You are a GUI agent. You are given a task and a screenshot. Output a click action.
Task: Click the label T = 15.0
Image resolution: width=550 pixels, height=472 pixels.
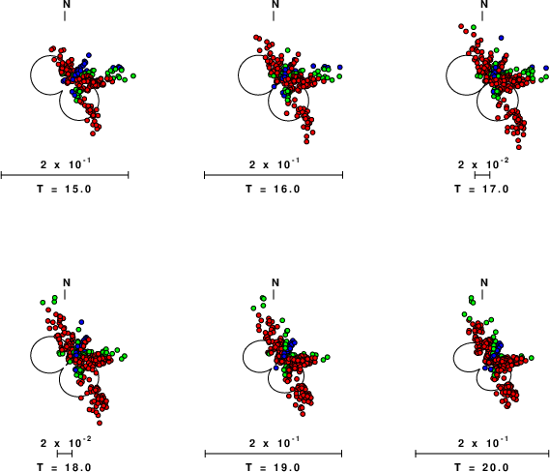pyautogui.click(x=64, y=190)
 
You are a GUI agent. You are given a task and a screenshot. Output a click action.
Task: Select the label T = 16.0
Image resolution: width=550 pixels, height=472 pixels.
pyautogui.click(x=273, y=190)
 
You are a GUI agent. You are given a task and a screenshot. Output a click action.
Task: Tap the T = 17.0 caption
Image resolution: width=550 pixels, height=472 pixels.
pyautogui.click(x=481, y=190)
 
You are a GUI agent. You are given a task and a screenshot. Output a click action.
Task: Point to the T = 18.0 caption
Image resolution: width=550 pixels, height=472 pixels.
pyautogui.click(x=64, y=467)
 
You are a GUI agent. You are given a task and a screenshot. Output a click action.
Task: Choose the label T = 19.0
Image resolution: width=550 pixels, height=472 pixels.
pyautogui.click(x=273, y=467)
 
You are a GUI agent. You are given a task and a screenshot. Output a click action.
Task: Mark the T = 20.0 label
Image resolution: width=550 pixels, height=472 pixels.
pyautogui.click(x=481, y=467)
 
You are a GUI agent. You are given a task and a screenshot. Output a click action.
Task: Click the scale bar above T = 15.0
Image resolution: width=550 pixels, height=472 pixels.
pyautogui.click(x=65, y=175)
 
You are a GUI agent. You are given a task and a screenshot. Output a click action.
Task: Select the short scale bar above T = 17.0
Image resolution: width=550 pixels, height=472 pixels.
pyautogui.click(x=482, y=175)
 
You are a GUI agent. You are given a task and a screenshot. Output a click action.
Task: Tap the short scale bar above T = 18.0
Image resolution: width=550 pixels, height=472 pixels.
pyautogui.click(x=65, y=454)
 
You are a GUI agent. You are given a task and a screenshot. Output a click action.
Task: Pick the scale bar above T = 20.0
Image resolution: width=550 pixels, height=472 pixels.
pyautogui.click(x=482, y=454)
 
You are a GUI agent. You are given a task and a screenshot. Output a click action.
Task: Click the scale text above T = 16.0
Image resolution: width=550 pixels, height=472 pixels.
pyautogui.click(x=275, y=163)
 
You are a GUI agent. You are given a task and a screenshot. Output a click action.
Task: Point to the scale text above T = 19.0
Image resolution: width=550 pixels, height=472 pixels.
pyautogui.click(x=275, y=443)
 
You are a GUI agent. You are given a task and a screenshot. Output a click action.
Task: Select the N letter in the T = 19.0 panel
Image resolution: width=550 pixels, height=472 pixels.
pyautogui.click(x=275, y=282)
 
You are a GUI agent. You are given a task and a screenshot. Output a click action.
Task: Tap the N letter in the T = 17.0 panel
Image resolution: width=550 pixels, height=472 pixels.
pyautogui.click(x=484, y=4)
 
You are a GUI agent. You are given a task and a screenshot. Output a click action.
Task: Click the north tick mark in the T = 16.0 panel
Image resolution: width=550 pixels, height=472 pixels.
pyautogui.click(x=274, y=15)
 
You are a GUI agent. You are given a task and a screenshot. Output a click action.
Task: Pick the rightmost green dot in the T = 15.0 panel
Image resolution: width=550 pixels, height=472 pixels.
pyautogui.click(x=133, y=75)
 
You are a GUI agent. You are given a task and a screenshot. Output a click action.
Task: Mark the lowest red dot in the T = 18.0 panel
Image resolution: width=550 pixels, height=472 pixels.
pyautogui.click(x=100, y=423)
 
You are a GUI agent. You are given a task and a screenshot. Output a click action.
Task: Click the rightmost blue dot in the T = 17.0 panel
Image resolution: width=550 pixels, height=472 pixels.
pyautogui.click(x=546, y=68)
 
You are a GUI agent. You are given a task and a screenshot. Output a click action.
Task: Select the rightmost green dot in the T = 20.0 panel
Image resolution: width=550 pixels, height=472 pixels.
pyautogui.click(x=532, y=358)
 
